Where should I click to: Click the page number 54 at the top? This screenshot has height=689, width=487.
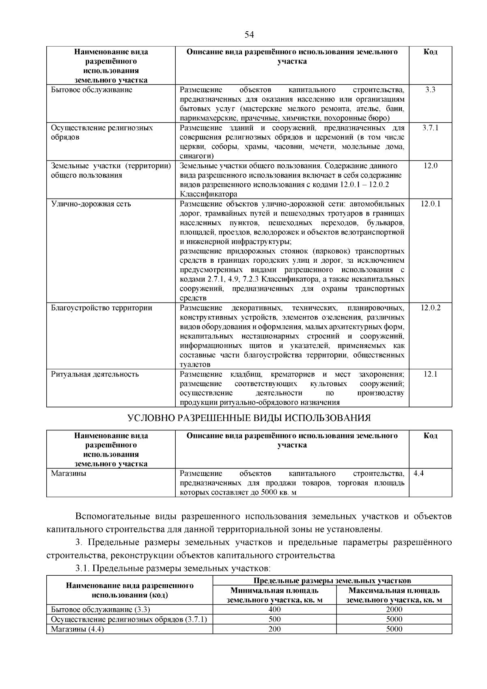(x=249, y=35)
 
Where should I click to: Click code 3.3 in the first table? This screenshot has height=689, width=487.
(x=430, y=90)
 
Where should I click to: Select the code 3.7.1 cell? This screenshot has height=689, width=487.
(x=430, y=128)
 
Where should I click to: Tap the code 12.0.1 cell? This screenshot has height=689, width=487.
(x=430, y=204)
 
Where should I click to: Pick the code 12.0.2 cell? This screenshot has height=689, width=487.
(x=430, y=308)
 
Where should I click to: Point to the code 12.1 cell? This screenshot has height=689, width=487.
(x=430, y=374)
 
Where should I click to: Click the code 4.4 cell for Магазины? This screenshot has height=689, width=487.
(x=419, y=473)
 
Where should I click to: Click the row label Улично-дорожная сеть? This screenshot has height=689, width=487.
(x=91, y=204)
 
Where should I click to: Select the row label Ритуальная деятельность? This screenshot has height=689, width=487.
(x=95, y=374)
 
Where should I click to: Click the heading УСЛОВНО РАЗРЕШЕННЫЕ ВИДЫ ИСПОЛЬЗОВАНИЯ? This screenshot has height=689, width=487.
(x=249, y=418)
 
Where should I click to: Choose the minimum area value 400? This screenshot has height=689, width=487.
(x=274, y=609)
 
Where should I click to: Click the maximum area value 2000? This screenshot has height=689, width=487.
(x=394, y=609)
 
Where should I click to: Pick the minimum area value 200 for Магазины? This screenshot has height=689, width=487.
(x=274, y=629)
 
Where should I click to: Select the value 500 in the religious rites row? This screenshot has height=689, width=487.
(x=274, y=619)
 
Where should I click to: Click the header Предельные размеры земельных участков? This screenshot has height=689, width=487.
(x=332, y=580)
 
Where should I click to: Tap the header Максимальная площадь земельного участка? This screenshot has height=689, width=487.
(x=394, y=595)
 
